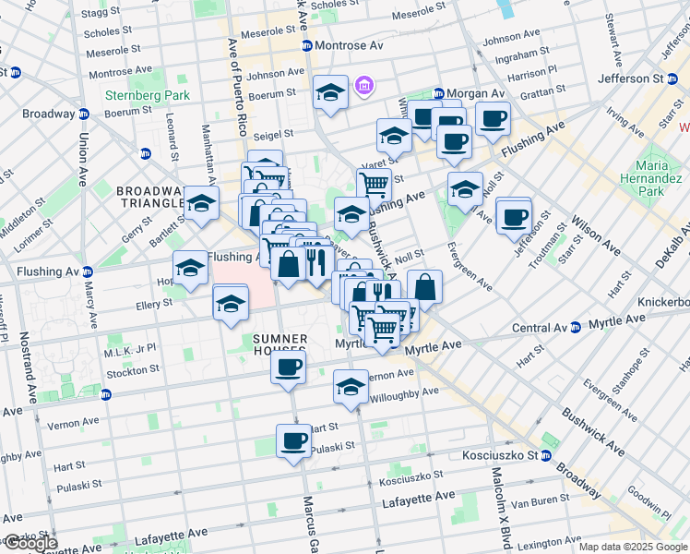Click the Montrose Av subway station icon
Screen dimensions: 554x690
(x=303, y=45)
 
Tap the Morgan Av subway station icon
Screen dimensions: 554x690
(x=439, y=94)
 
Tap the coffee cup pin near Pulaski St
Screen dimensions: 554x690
(x=294, y=440)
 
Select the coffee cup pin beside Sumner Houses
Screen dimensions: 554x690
(x=288, y=367)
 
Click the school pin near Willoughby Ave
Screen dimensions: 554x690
(x=351, y=387)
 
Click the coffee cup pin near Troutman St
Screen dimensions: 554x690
(x=513, y=216)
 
